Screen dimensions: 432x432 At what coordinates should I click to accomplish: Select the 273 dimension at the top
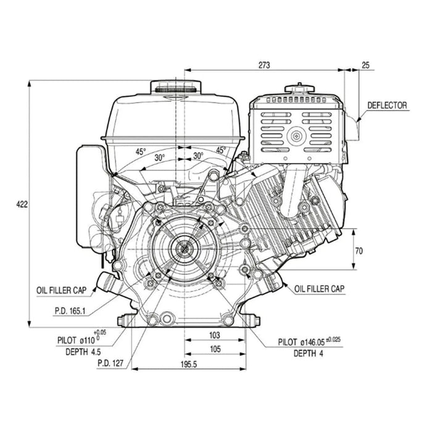(x=266, y=64)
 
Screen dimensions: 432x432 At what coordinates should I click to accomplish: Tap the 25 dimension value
(x=366, y=64)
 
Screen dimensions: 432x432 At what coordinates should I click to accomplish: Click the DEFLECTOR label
(x=387, y=105)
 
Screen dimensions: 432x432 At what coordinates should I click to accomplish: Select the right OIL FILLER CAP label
(x=320, y=288)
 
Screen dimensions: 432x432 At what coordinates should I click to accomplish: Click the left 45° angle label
(x=141, y=151)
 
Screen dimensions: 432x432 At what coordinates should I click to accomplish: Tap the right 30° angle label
(x=198, y=156)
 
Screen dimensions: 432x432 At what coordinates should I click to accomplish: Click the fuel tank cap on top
(x=179, y=87)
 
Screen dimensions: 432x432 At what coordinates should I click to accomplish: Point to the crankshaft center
(x=183, y=247)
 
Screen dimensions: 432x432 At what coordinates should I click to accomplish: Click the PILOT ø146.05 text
(x=309, y=341)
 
